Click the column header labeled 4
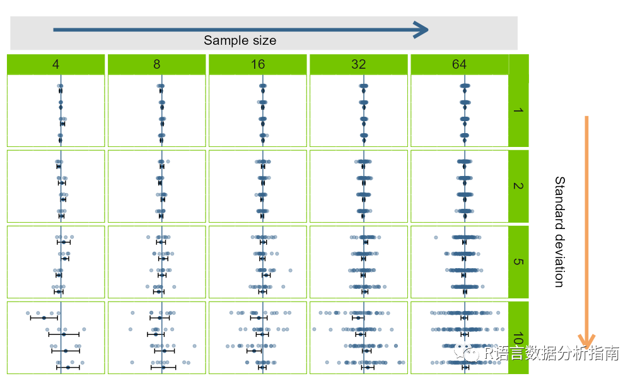(55, 64)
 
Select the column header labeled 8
(156, 64)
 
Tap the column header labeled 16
(257, 64)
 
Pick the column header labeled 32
(358, 64)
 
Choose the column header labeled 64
(459, 64)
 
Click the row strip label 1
(518, 111)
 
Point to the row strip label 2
(518, 186)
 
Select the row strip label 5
(518, 261)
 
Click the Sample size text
(240, 40)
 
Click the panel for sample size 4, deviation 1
(55, 111)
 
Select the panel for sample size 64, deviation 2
(459, 186)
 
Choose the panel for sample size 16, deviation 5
(257, 261)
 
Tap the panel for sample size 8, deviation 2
(156, 186)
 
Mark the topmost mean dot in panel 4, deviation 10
(44, 317)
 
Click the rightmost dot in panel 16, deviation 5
(291, 270)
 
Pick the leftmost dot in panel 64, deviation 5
(435, 237)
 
